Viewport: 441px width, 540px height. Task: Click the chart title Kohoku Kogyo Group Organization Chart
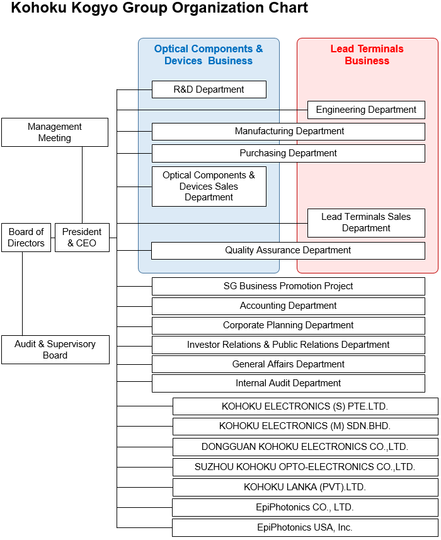tap(159, 8)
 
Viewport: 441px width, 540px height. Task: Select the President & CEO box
tap(82, 238)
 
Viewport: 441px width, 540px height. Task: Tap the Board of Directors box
tap(26, 238)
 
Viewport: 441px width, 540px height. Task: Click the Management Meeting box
tap(55, 132)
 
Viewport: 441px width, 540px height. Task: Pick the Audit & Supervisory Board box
tap(55, 350)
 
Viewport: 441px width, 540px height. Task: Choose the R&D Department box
tap(209, 89)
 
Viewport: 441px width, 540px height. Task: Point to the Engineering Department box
tap(366, 110)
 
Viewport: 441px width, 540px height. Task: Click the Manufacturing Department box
tap(289, 131)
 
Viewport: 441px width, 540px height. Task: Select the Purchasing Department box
tap(289, 153)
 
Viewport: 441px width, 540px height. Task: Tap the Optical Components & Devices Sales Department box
tap(209, 187)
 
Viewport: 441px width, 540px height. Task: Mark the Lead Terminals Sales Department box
tap(366, 222)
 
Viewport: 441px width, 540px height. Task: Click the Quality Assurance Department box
tap(288, 250)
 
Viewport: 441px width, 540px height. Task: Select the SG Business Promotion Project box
tap(288, 286)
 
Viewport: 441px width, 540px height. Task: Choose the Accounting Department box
tap(288, 306)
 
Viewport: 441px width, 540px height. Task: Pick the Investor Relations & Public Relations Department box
tap(288, 345)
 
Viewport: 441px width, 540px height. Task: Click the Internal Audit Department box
tap(288, 383)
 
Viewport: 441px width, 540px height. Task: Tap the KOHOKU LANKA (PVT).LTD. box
tap(305, 487)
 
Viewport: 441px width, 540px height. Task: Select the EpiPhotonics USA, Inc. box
tap(305, 527)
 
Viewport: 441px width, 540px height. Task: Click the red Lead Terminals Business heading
tap(367, 55)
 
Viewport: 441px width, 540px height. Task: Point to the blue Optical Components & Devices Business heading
tap(209, 55)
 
